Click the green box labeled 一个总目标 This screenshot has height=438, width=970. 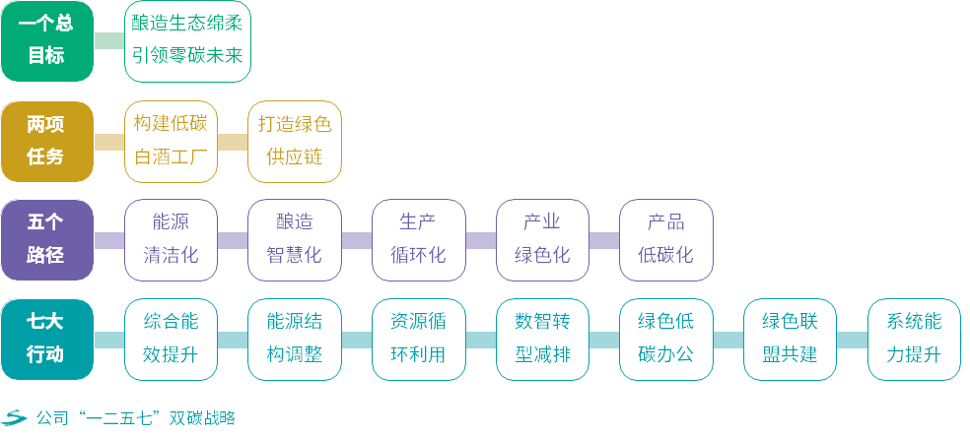pyautogui.click(x=46, y=41)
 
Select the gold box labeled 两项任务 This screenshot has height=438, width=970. pyautogui.click(x=46, y=141)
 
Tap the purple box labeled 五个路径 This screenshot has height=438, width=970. pyautogui.click(x=46, y=240)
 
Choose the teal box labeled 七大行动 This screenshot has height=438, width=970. pyautogui.click(x=46, y=340)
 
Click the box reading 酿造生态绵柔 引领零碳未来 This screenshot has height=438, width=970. pyautogui.click(x=187, y=41)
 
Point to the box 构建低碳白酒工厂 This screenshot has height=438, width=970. pyautogui.click(x=171, y=141)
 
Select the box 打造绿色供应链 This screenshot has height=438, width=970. pyautogui.click(x=295, y=141)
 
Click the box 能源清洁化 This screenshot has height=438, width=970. pyautogui.click(x=171, y=240)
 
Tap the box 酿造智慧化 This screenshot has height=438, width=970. pyautogui.click(x=295, y=240)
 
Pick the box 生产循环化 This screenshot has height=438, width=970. pyautogui.click(x=418, y=240)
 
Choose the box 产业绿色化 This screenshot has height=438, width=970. pyautogui.click(x=542, y=240)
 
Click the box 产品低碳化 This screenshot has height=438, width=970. pyautogui.click(x=665, y=240)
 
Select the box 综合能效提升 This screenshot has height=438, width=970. pyautogui.click(x=171, y=340)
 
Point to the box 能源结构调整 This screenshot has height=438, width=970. pyautogui.click(x=295, y=340)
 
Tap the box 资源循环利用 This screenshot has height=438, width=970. pyautogui.click(x=418, y=340)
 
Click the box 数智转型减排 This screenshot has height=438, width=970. pyautogui.click(x=542, y=340)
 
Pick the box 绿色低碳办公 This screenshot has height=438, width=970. pyautogui.click(x=665, y=340)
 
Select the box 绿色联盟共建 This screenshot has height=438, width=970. pyautogui.click(x=790, y=340)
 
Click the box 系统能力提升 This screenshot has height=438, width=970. pyautogui.click(x=914, y=340)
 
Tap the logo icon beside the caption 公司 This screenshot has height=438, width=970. pyautogui.click(x=14, y=418)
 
